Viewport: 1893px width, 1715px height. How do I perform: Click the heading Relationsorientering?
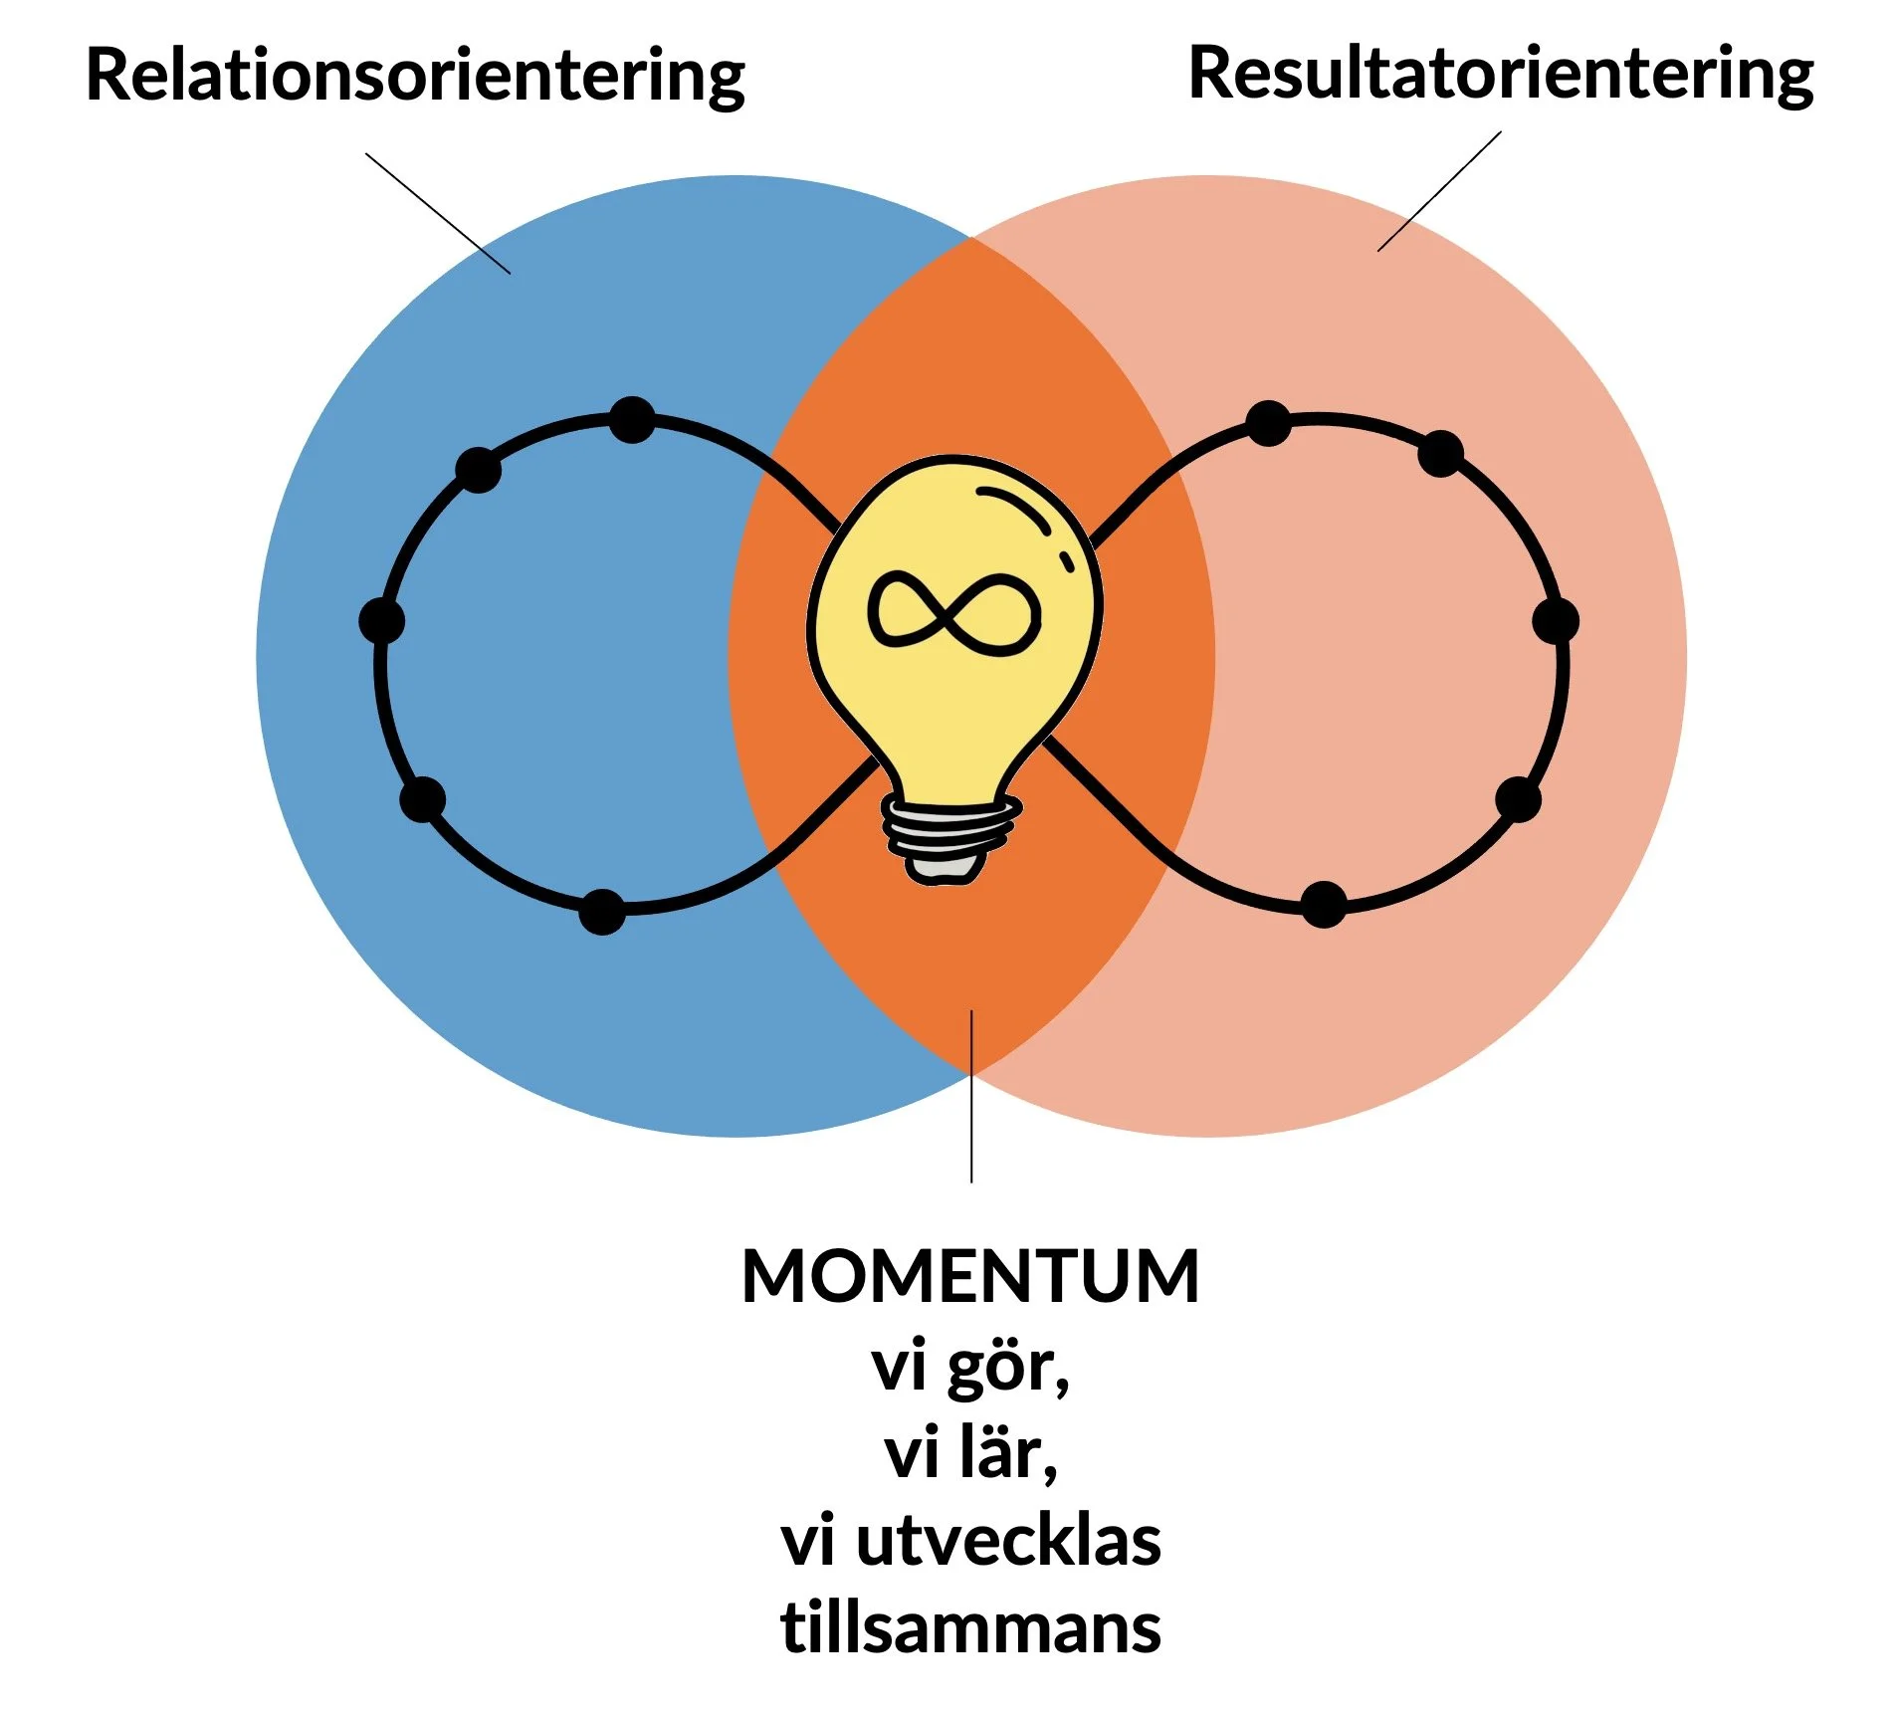[415, 76]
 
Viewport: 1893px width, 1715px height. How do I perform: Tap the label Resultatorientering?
[1501, 74]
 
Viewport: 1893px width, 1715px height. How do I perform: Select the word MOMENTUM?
[970, 1277]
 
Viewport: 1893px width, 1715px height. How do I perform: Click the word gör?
[1007, 1369]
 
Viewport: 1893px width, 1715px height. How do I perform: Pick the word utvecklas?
[1008, 1542]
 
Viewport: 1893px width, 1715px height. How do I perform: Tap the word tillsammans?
[970, 1629]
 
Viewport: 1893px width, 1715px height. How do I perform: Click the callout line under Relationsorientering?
[438, 213]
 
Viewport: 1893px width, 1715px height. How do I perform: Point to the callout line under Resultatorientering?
[1439, 191]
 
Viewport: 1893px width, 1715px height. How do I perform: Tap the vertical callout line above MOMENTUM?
[971, 1095]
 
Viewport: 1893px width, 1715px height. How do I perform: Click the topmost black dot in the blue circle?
[632, 419]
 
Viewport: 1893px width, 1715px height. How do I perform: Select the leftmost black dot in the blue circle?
[381, 621]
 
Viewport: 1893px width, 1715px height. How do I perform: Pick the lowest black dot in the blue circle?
[602, 911]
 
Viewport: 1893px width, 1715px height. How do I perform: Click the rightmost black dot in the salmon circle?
[1556, 621]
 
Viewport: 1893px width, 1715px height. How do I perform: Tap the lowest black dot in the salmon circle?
[1324, 904]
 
